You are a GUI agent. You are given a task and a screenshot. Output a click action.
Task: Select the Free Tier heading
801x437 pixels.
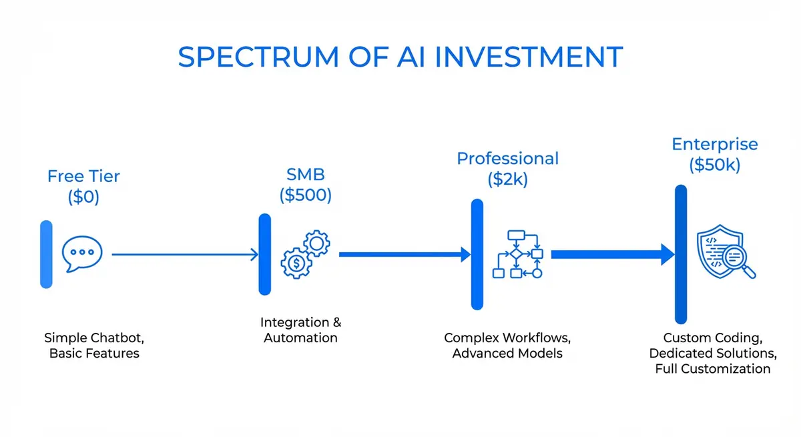pos(83,177)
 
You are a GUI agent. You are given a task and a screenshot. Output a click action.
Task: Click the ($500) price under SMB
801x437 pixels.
pos(305,196)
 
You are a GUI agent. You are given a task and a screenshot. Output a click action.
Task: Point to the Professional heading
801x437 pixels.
pos(507,159)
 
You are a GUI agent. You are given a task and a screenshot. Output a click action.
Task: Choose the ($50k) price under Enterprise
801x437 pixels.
pos(714,165)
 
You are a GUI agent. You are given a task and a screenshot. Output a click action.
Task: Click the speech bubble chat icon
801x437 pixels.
pos(83,254)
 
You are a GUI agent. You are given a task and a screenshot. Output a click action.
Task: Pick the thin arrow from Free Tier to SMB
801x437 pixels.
pos(185,254)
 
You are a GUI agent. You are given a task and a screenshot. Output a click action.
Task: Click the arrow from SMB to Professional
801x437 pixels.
pos(405,254)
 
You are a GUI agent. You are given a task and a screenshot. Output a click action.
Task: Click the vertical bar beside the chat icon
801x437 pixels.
pos(46,254)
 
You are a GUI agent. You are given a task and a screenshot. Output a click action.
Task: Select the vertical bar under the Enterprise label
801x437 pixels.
pos(681,254)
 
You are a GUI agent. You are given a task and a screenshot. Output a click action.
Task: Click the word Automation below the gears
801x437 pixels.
pos(300,338)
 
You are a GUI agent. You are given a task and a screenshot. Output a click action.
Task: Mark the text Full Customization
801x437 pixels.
pos(712,369)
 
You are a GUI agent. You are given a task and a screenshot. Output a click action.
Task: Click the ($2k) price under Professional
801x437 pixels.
pos(507,179)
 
